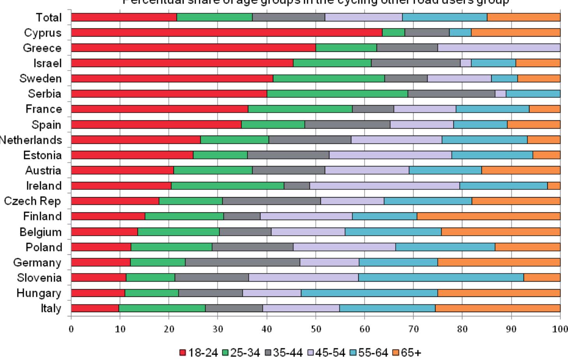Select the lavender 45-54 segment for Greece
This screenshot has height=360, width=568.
(499, 48)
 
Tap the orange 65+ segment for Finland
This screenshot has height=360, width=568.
(488, 216)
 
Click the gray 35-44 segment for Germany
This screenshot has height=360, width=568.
(242, 262)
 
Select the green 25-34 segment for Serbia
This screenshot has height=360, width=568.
(337, 94)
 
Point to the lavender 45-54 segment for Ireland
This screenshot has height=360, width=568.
(385, 185)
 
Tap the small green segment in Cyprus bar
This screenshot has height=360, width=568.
(393, 32)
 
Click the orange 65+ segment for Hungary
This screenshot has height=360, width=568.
(499, 293)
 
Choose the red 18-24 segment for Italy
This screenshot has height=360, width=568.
(95, 308)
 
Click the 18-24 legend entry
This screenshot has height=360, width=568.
(198, 353)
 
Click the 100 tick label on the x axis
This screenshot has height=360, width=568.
(560, 329)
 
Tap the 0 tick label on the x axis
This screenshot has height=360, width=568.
(71, 329)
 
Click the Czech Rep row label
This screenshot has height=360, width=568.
(32, 201)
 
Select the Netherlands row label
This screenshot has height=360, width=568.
(30, 140)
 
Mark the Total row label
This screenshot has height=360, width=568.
(49, 18)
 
